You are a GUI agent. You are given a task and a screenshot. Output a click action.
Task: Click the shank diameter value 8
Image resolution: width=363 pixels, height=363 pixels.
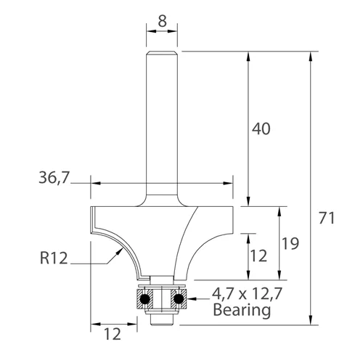coord(162,21)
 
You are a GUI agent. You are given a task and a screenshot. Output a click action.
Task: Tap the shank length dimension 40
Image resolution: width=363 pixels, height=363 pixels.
coord(261,129)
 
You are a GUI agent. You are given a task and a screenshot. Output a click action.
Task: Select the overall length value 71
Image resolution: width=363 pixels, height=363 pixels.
coord(327,218)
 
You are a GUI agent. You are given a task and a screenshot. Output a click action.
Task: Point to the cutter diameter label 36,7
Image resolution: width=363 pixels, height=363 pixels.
coord(54,178)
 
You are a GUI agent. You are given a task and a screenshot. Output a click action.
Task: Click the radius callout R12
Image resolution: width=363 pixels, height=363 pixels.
coord(54,258)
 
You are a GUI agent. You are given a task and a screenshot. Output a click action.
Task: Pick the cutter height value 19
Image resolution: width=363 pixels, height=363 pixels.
coord(290,243)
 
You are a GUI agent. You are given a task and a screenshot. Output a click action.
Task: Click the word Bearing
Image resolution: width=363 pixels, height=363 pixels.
coord(242,310)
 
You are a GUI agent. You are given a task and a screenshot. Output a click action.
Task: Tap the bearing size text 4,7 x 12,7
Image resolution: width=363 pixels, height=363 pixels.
coord(247,294)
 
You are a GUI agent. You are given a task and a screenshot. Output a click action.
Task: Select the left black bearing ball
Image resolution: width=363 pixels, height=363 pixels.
coord(144,298)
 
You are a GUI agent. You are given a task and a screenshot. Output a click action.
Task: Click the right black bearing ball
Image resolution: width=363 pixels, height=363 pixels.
coord(178,298)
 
